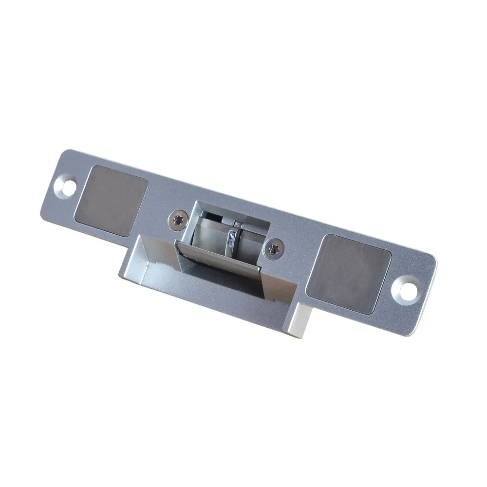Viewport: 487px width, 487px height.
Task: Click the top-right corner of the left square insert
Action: tap(147, 179)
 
